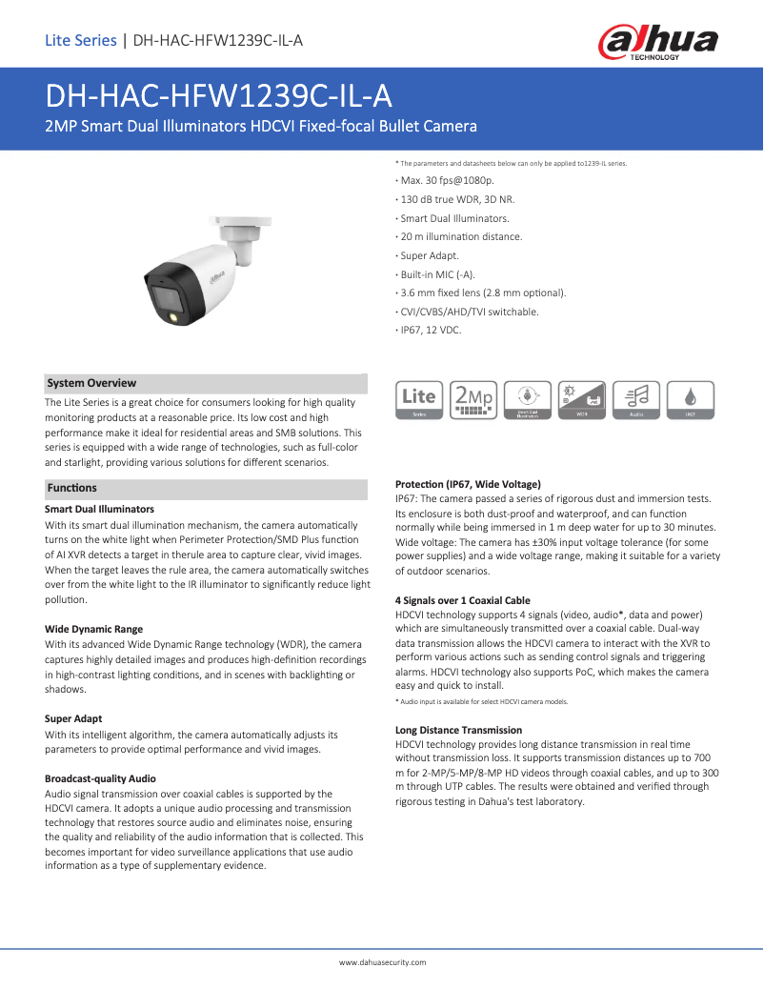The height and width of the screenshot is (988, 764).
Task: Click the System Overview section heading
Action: tap(91, 383)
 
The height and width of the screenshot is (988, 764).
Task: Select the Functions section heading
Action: tap(72, 488)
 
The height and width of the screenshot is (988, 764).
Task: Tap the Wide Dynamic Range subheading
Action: tap(93, 629)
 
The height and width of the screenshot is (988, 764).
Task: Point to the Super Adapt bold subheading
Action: tap(73, 718)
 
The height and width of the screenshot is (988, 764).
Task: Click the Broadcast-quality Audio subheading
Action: tap(100, 778)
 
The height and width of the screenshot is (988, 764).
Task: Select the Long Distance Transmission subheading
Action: tap(458, 730)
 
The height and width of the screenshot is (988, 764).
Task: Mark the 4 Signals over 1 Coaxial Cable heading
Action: tap(462, 600)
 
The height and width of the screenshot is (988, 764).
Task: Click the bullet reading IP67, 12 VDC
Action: tap(430, 330)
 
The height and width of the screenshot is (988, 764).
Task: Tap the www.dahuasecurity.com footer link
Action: tap(382, 962)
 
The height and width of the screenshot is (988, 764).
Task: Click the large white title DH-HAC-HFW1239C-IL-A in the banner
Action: tap(219, 97)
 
